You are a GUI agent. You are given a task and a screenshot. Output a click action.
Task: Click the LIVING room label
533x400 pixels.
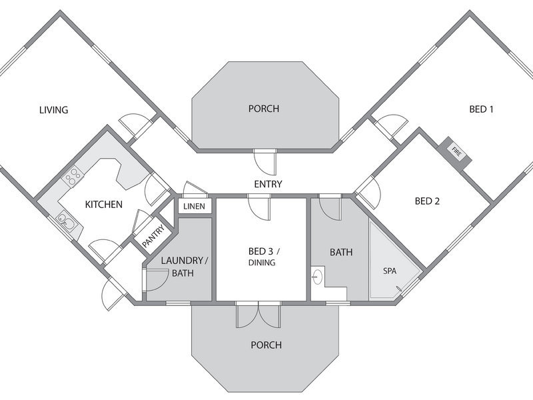[x=54, y=110]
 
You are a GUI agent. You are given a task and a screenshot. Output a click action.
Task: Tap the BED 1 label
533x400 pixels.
[x=481, y=109]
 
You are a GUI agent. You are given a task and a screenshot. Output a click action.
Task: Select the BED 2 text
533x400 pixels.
[x=427, y=201]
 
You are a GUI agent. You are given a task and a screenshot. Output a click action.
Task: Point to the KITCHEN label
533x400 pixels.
[x=104, y=205]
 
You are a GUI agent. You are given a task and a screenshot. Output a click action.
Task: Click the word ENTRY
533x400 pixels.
[x=268, y=184]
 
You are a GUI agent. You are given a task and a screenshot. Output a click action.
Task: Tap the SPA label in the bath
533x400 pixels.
[x=390, y=271]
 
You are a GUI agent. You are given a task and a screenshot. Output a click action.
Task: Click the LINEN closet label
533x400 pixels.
[x=194, y=207]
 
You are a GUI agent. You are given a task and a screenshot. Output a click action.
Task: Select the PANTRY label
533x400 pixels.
[x=153, y=236]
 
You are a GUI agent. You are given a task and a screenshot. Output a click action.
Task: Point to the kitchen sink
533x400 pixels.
[x=66, y=222]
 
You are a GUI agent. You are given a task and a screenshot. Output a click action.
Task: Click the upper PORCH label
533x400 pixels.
[x=264, y=109]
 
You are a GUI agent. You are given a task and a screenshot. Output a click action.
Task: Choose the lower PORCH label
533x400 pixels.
[x=266, y=345]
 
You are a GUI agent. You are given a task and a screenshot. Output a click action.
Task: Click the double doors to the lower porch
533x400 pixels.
[x=259, y=315]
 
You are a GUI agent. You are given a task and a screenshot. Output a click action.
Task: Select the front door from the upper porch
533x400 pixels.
[x=265, y=162]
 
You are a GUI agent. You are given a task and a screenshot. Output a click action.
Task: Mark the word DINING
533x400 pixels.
[x=262, y=263]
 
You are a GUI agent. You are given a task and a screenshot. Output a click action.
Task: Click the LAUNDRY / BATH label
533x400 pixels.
[x=184, y=267]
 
